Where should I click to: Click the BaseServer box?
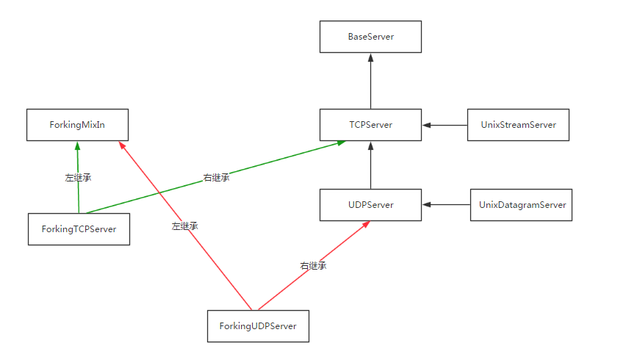370,37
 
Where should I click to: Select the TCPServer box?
370,125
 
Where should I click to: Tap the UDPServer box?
370,205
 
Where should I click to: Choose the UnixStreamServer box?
519,125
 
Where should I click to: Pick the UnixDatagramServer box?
521,205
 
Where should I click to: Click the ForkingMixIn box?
78,125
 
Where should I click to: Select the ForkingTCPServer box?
79,229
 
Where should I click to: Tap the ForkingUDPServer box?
258,326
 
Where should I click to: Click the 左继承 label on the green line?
78,178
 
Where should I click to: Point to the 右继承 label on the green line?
216,178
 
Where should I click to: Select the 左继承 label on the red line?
184,226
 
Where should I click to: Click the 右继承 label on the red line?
313,266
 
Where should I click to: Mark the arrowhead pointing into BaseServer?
370,57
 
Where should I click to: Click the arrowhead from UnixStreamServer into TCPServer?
427,125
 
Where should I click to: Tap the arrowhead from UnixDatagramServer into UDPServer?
427,205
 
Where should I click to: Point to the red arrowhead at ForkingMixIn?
122,145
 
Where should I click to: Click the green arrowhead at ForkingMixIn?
78,145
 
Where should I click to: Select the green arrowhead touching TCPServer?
342,143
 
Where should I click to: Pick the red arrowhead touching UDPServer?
366,224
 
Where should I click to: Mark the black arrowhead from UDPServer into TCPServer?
370,145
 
